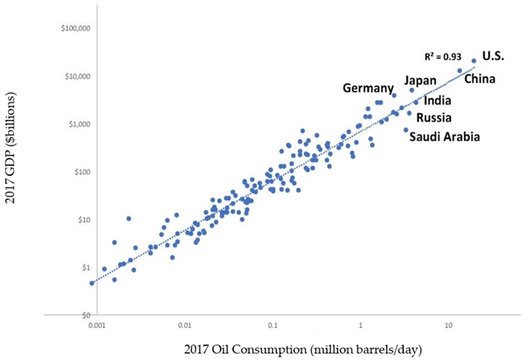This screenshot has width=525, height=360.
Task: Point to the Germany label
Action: [369, 88]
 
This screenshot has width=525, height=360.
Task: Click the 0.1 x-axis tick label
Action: [273, 325]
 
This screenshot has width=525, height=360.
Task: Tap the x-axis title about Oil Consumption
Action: [280, 350]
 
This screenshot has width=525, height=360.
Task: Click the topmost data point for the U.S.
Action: [474, 61]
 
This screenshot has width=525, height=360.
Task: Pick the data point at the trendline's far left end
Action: [92, 283]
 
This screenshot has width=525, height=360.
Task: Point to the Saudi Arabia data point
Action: [406, 130]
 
